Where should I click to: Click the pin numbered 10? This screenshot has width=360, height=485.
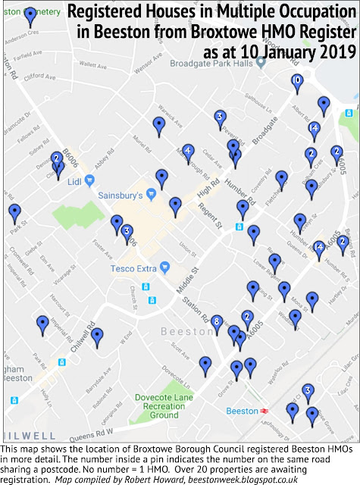(x=296, y=80)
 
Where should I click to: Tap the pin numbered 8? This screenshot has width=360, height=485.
(x=218, y=322)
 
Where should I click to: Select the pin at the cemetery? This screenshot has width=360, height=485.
(x=30, y=15)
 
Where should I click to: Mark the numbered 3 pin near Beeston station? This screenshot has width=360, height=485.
(x=308, y=390)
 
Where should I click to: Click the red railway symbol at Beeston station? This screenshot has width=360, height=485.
(x=265, y=410)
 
